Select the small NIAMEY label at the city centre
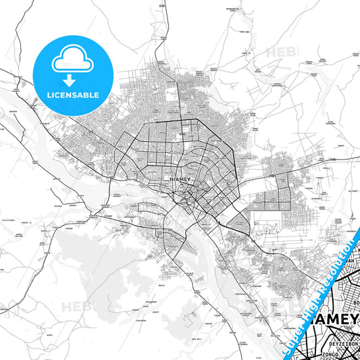click(182, 179)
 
